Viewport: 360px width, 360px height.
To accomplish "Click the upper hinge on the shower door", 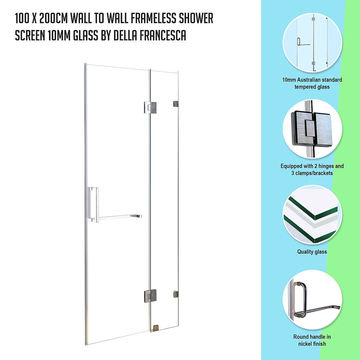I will (150, 107).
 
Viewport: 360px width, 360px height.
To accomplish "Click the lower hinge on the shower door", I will (150, 295).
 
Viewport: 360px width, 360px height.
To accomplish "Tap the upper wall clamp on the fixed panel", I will (176, 104).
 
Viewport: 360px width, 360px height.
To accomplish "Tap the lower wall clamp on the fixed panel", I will (176, 294).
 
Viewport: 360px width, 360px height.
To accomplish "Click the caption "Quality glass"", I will (312, 252).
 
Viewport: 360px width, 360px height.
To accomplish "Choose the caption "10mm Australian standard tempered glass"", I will (312, 83).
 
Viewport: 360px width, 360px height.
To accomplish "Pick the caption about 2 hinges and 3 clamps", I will (312, 169).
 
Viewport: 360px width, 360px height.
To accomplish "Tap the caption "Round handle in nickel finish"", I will (312, 340).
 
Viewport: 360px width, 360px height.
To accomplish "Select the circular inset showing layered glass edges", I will (312, 215).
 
